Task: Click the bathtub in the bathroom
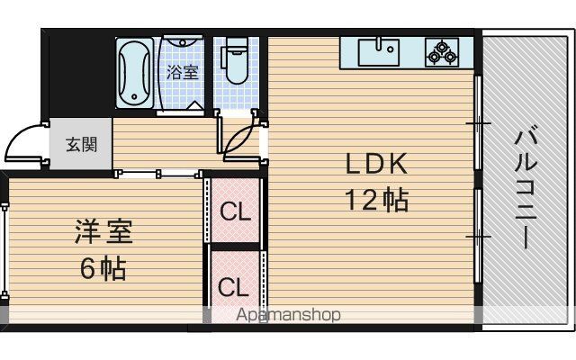(x=134, y=73)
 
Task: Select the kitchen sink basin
(x=379, y=52)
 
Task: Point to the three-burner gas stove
(x=442, y=52)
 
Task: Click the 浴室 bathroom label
(x=183, y=72)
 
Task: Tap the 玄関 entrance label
(x=82, y=144)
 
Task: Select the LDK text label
(x=376, y=164)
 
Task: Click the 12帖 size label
(x=376, y=200)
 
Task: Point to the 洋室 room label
(x=103, y=232)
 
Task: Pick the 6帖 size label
(x=103, y=268)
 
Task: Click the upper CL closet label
(x=235, y=211)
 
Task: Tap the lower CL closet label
(x=233, y=287)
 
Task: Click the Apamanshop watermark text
(x=288, y=315)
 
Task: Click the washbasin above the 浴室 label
(x=183, y=41)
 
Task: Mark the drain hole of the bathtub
(x=134, y=97)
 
